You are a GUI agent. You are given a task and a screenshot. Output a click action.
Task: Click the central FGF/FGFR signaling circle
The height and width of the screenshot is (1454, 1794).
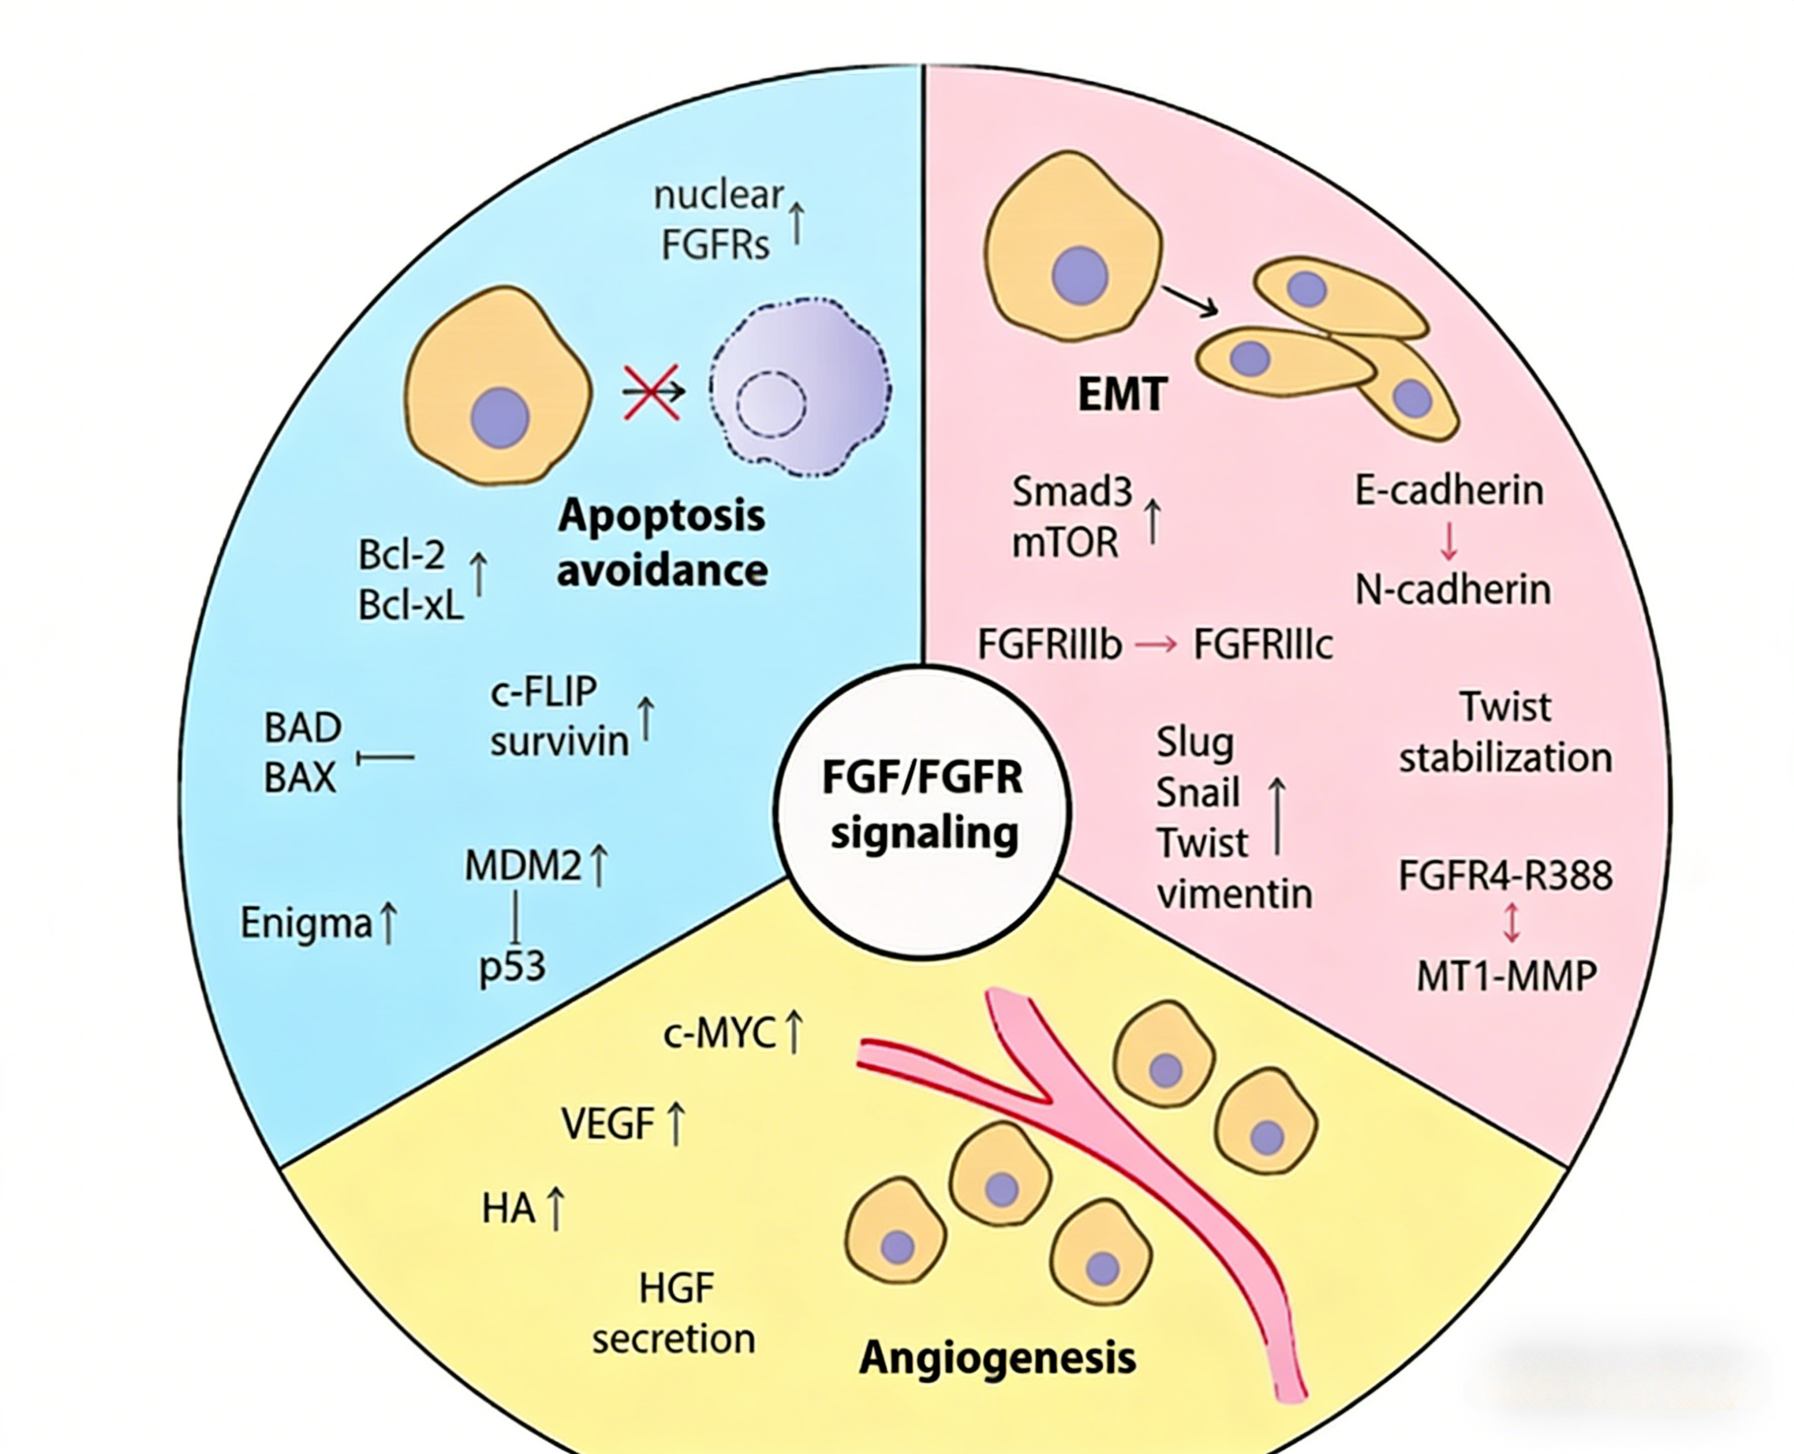[x=922, y=811]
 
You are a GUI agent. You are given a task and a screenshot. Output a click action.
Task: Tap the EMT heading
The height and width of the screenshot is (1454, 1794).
[x=1122, y=394]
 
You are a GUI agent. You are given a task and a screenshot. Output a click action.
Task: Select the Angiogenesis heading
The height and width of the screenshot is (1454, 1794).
[x=997, y=1358]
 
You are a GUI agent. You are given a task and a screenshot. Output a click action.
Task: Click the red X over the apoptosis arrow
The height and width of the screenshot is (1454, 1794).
[x=651, y=391]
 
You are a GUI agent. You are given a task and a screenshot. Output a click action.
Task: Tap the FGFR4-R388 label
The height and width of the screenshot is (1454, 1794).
[x=1505, y=876]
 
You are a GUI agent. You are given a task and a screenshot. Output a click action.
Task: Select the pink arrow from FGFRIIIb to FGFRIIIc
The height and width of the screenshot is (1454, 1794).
[x=1157, y=645]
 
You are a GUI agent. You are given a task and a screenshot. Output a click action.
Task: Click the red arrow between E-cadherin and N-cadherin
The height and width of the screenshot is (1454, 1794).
[x=1449, y=541]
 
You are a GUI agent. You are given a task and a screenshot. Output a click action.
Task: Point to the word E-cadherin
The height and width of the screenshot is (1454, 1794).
[x=1449, y=490]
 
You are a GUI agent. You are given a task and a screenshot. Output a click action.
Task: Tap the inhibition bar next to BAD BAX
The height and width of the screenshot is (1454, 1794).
[x=386, y=757]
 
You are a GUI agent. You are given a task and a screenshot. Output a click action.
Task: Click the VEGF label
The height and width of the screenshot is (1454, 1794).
[x=607, y=1124]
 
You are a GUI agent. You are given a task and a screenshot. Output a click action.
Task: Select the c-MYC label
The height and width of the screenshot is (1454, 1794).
[x=719, y=1034]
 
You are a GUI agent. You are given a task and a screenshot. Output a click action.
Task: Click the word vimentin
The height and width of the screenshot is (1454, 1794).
[x=1235, y=894]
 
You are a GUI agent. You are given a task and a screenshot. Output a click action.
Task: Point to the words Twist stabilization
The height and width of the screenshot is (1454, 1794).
[x=1505, y=733]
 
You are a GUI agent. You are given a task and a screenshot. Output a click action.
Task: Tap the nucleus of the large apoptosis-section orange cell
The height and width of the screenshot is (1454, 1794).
[x=500, y=417]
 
